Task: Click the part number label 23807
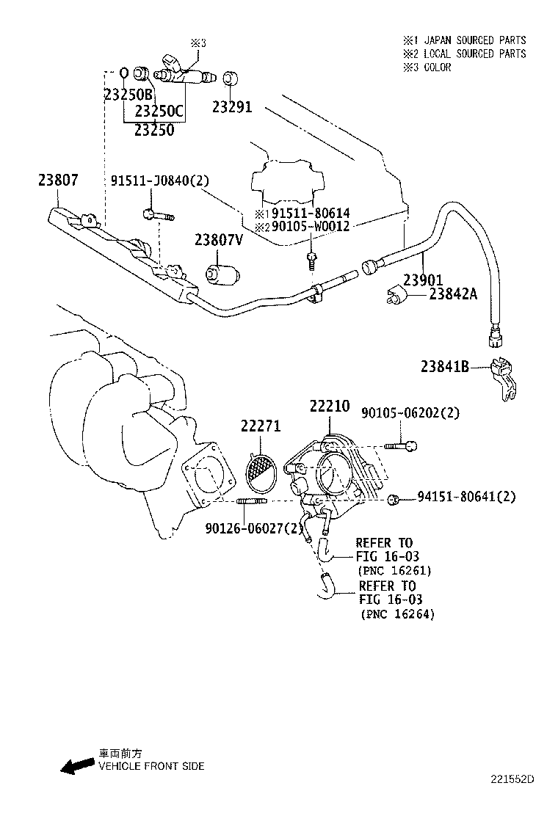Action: tap(58, 180)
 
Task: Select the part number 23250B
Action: tap(128, 94)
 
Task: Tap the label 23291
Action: tap(232, 107)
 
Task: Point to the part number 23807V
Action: tap(218, 240)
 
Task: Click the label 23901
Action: tap(422, 280)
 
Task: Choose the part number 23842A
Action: tap(453, 294)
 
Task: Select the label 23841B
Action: tap(445, 366)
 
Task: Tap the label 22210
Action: tap(330, 406)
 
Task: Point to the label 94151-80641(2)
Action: tap(466, 498)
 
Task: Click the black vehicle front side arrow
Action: tap(78, 767)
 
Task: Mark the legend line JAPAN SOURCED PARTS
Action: tap(464, 40)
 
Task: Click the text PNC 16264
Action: tap(397, 615)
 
